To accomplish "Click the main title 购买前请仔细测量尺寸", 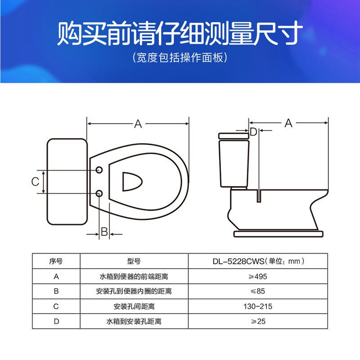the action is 180,34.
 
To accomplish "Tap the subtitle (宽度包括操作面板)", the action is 180,58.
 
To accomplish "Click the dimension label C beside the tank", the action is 35,182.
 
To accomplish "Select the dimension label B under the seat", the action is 104,232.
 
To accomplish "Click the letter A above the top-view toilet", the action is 138,124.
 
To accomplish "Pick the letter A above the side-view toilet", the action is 288,123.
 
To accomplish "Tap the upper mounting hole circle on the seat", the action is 99,171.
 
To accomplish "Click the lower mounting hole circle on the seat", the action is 99,193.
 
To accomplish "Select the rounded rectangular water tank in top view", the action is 67,182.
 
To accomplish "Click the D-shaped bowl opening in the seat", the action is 131,182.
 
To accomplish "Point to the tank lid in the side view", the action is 234,135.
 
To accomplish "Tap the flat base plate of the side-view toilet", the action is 279,234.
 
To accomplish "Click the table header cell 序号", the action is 56,261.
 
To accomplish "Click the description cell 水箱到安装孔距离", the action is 134,322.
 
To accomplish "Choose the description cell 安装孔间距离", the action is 134,306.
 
